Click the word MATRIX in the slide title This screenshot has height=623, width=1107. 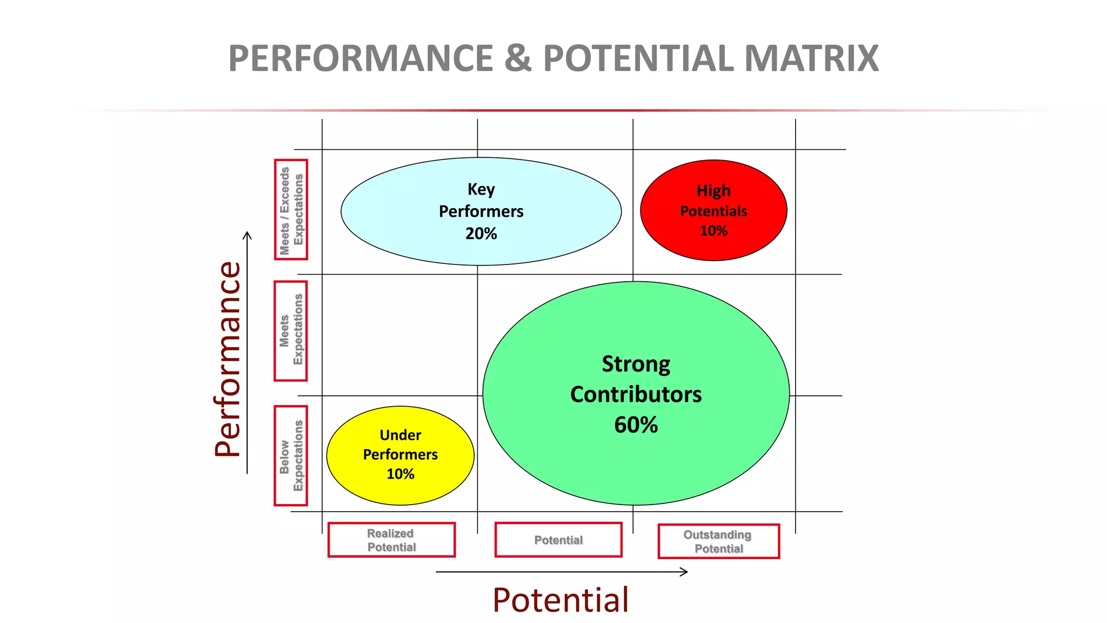click(811, 58)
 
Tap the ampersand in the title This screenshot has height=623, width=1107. click(517, 58)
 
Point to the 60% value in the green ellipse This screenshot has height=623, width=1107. click(636, 425)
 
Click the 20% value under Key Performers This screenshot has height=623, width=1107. click(481, 234)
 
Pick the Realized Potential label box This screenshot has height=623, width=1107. click(391, 540)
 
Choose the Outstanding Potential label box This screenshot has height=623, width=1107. click(718, 541)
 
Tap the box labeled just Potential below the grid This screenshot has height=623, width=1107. click(558, 540)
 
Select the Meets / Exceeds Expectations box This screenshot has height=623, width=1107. click(291, 210)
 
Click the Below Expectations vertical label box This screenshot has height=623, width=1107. click(291, 456)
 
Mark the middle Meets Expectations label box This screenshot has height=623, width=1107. click(291, 331)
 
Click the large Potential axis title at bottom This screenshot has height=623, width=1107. click(561, 600)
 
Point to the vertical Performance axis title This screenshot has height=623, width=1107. click(228, 359)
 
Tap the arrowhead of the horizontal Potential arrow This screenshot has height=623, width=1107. click(685, 572)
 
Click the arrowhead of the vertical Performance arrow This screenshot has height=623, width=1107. click(247, 235)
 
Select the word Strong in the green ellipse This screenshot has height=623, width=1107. click(636, 364)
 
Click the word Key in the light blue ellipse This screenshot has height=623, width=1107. click(481, 189)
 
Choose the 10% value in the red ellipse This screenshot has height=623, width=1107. click(713, 231)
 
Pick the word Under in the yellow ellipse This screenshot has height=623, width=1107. click(400, 435)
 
